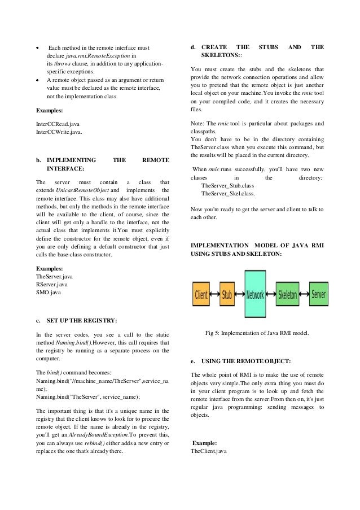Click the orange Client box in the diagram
(200, 295)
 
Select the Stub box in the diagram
(226, 295)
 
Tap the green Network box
(256, 295)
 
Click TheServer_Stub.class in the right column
(227, 185)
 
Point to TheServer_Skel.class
(228, 194)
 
